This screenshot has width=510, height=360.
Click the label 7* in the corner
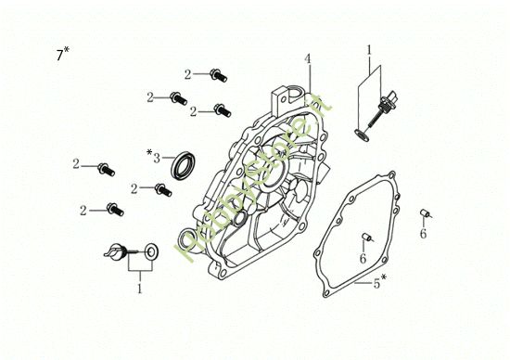61,55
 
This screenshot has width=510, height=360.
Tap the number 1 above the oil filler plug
368,48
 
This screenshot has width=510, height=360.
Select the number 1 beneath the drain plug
140,289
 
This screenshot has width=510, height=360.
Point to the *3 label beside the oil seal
154,155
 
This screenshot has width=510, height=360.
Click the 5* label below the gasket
378,283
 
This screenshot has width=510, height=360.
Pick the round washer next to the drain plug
149,251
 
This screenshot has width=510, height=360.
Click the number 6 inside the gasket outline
363,257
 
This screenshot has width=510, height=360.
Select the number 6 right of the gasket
423,234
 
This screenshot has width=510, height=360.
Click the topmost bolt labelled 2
218,73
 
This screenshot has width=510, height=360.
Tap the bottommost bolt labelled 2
113,208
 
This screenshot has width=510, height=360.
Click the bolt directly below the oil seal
164,189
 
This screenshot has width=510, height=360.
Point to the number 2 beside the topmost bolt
187,74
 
